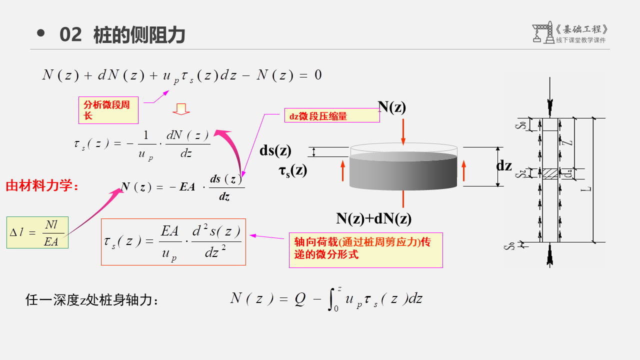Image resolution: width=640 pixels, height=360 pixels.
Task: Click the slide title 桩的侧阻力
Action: pos(139,35)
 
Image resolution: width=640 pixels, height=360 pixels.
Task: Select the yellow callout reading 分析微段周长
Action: pos(108,110)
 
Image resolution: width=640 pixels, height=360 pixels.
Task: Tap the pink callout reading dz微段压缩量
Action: pos(332,115)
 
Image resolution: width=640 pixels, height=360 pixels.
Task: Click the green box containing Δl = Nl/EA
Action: pos(37,232)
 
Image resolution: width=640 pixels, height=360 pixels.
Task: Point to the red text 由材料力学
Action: pos(42,186)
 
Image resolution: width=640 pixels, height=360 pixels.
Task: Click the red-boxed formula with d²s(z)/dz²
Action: pos(173,242)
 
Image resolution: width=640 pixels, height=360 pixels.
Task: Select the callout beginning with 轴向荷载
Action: pos(365,249)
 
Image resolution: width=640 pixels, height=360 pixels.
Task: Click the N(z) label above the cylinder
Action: pos(391,106)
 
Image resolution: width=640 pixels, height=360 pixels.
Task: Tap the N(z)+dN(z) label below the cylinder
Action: pos(373,218)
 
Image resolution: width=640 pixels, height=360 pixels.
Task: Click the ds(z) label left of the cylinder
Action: pos(275,150)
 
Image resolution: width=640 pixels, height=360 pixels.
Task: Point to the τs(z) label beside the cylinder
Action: pos(293,170)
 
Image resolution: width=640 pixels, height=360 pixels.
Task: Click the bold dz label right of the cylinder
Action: pos(504,166)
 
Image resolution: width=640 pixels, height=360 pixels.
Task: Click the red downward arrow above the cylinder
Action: pos(403,132)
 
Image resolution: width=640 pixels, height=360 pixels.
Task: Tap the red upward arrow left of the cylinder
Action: pos(343,170)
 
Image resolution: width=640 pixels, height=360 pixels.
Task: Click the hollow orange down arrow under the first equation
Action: pos(181,109)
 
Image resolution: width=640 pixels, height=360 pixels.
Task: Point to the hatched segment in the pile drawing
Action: pos(550,173)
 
